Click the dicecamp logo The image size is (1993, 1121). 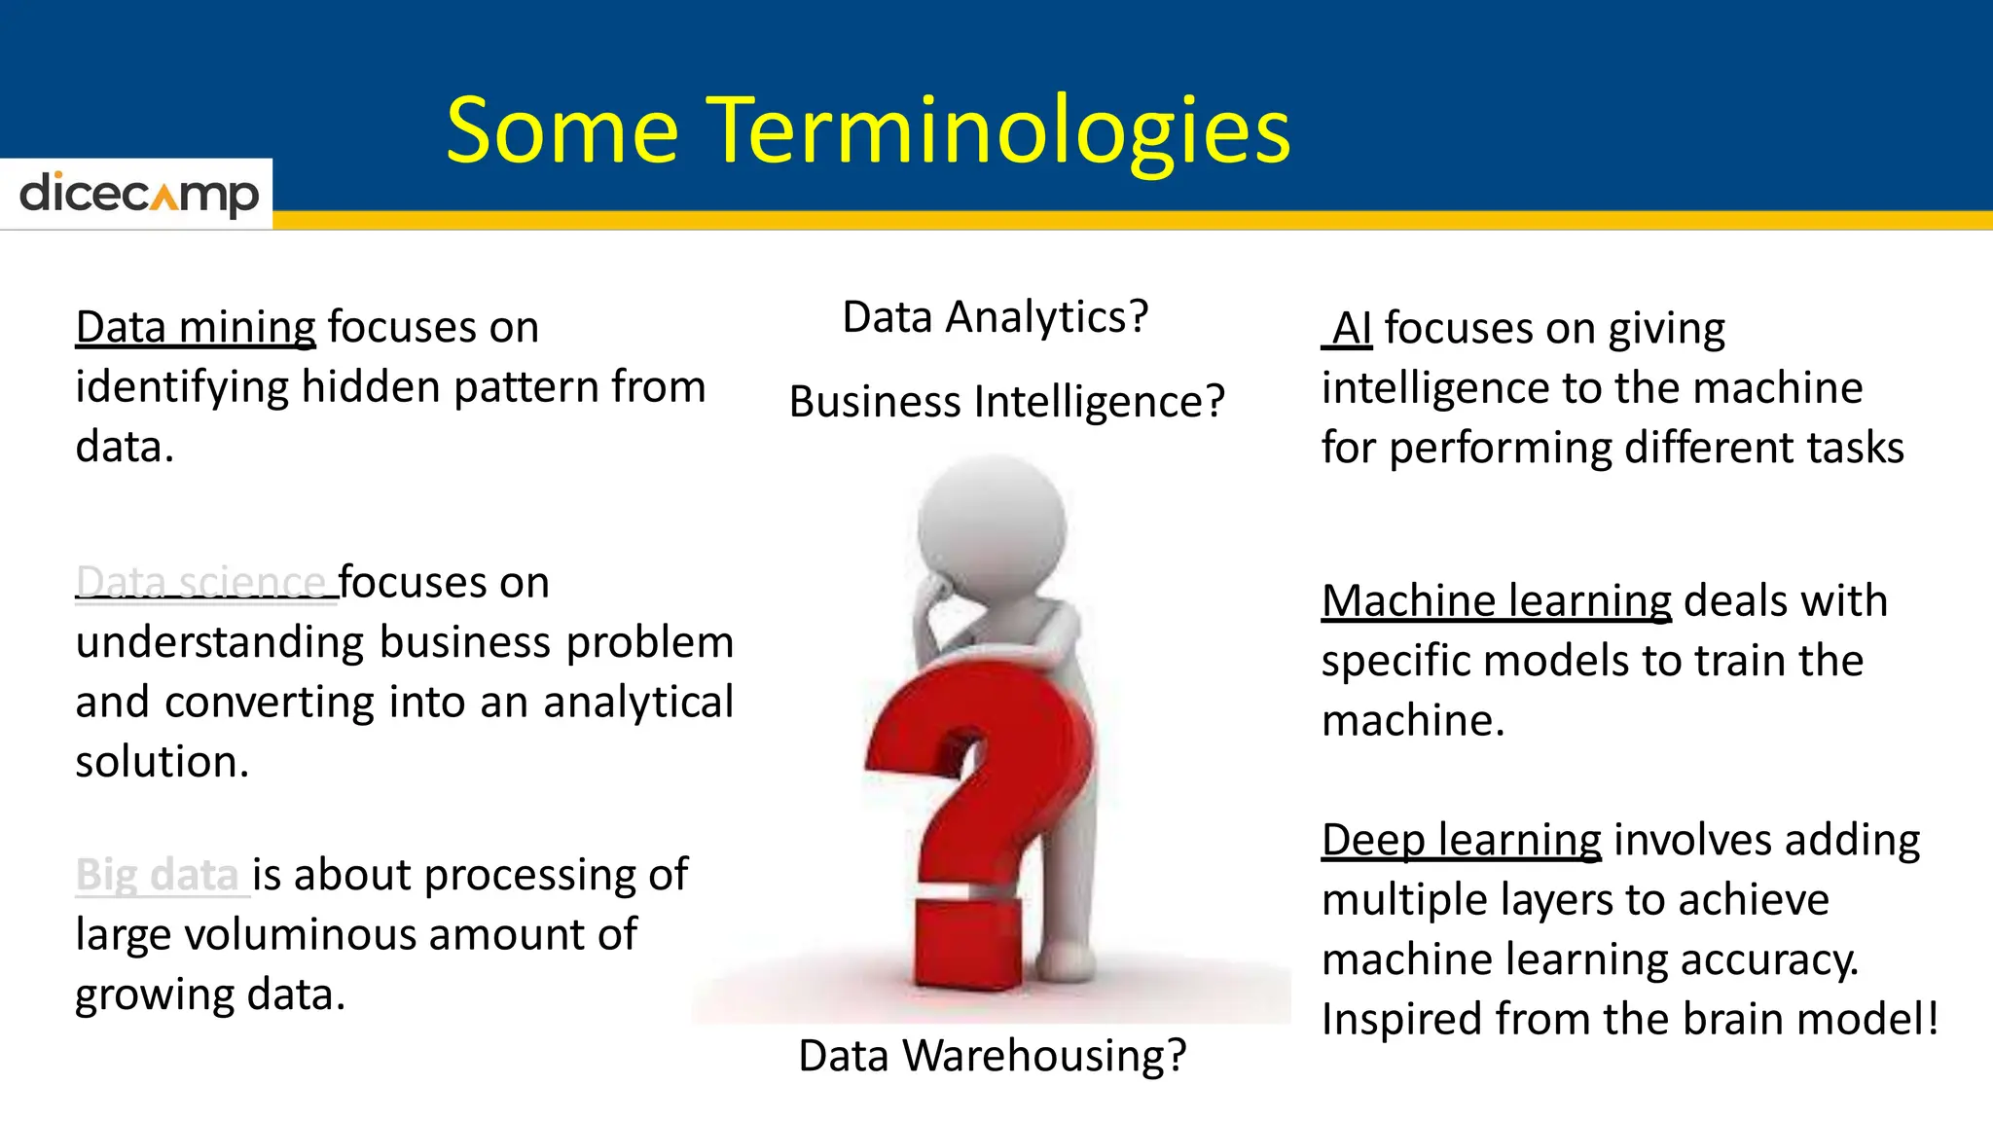pyautogui.click(x=138, y=194)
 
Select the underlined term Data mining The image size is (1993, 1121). pyautogui.click(x=196, y=327)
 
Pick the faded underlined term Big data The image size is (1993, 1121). pyautogui.click(x=158, y=875)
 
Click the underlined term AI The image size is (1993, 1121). pyautogui.click(x=1351, y=329)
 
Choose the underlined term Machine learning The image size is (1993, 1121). pyautogui.click(x=1496, y=601)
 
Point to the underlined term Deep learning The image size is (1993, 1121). pyautogui.click(x=1461, y=840)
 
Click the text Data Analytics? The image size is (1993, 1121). pyautogui.click(x=995, y=317)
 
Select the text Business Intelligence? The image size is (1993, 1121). pyautogui.click(x=1006, y=402)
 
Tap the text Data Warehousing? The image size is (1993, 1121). pyautogui.click(x=992, y=1056)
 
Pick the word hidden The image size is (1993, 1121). pyautogui.click(x=370, y=387)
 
